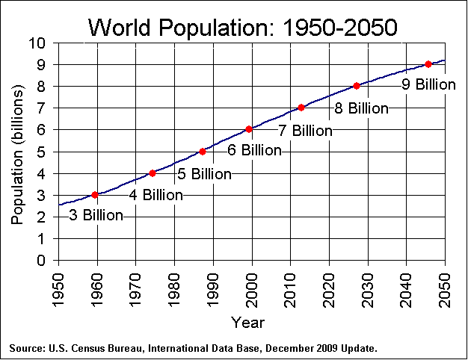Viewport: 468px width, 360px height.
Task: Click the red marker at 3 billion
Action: tap(95, 195)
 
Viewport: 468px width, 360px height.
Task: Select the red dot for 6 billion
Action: tap(249, 129)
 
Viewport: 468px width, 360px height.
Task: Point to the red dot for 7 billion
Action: tap(301, 108)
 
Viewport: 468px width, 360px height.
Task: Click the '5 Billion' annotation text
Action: tap(204, 174)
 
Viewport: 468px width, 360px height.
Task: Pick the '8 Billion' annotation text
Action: tap(361, 108)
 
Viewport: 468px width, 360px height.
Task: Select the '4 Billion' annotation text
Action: tap(156, 195)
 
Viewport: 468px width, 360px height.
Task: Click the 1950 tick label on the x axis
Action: tap(58, 284)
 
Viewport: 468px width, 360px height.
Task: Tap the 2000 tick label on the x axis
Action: tap(252, 284)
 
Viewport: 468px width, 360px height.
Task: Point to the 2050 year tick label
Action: tap(446, 284)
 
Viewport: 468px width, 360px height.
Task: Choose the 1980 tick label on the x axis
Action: tap(174, 284)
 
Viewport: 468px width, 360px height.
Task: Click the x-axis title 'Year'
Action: tap(247, 323)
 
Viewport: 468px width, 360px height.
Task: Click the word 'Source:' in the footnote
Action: tap(28, 349)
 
